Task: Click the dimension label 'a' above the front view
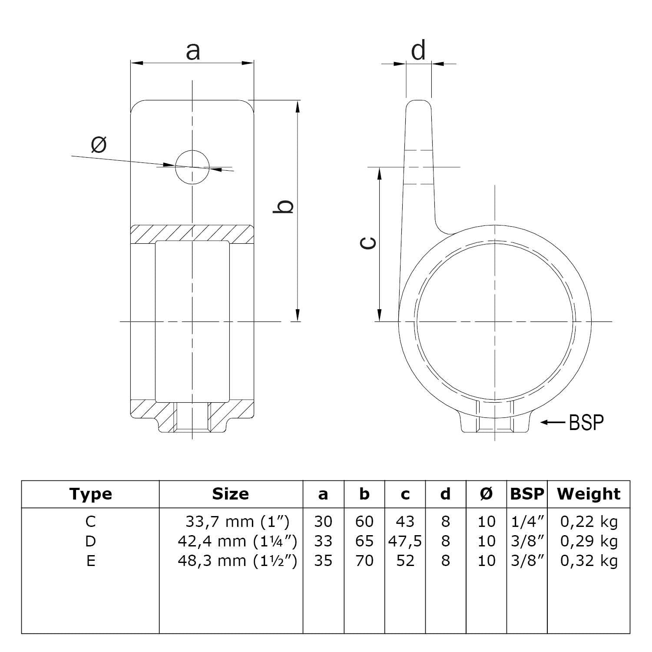(192, 51)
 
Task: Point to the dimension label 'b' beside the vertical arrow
(283, 207)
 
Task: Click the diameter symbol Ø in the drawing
(99, 144)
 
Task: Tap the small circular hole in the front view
(192, 167)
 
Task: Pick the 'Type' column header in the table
(90, 494)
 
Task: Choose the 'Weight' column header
(589, 494)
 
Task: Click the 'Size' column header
(230, 494)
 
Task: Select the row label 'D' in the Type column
(90, 541)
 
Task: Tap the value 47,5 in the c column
(405, 541)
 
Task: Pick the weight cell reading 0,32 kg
(589, 561)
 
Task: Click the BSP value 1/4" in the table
(527, 521)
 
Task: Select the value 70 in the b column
(364, 561)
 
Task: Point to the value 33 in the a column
(323, 541)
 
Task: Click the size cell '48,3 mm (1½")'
(237, 561)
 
